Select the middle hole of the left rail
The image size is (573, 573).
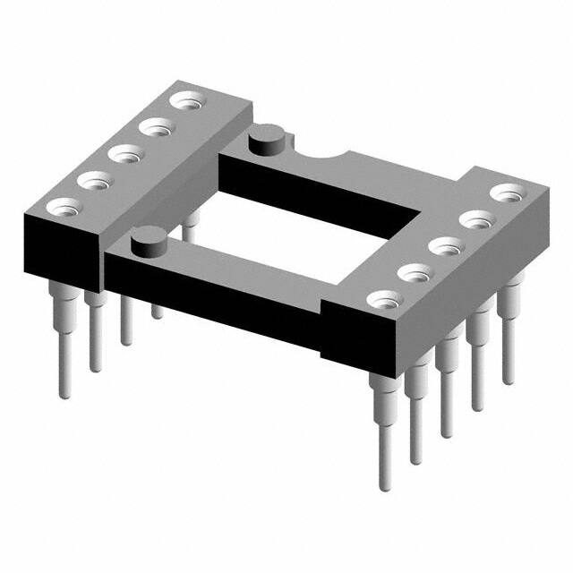point(123,154)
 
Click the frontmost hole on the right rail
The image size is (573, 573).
point(383,297)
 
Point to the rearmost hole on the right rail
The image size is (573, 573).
point(508,192)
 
